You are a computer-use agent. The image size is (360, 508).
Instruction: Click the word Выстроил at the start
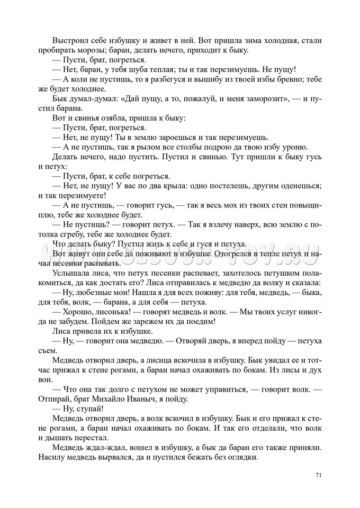(x=71, y=41)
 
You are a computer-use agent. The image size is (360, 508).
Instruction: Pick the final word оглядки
(x=241, y=457)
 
